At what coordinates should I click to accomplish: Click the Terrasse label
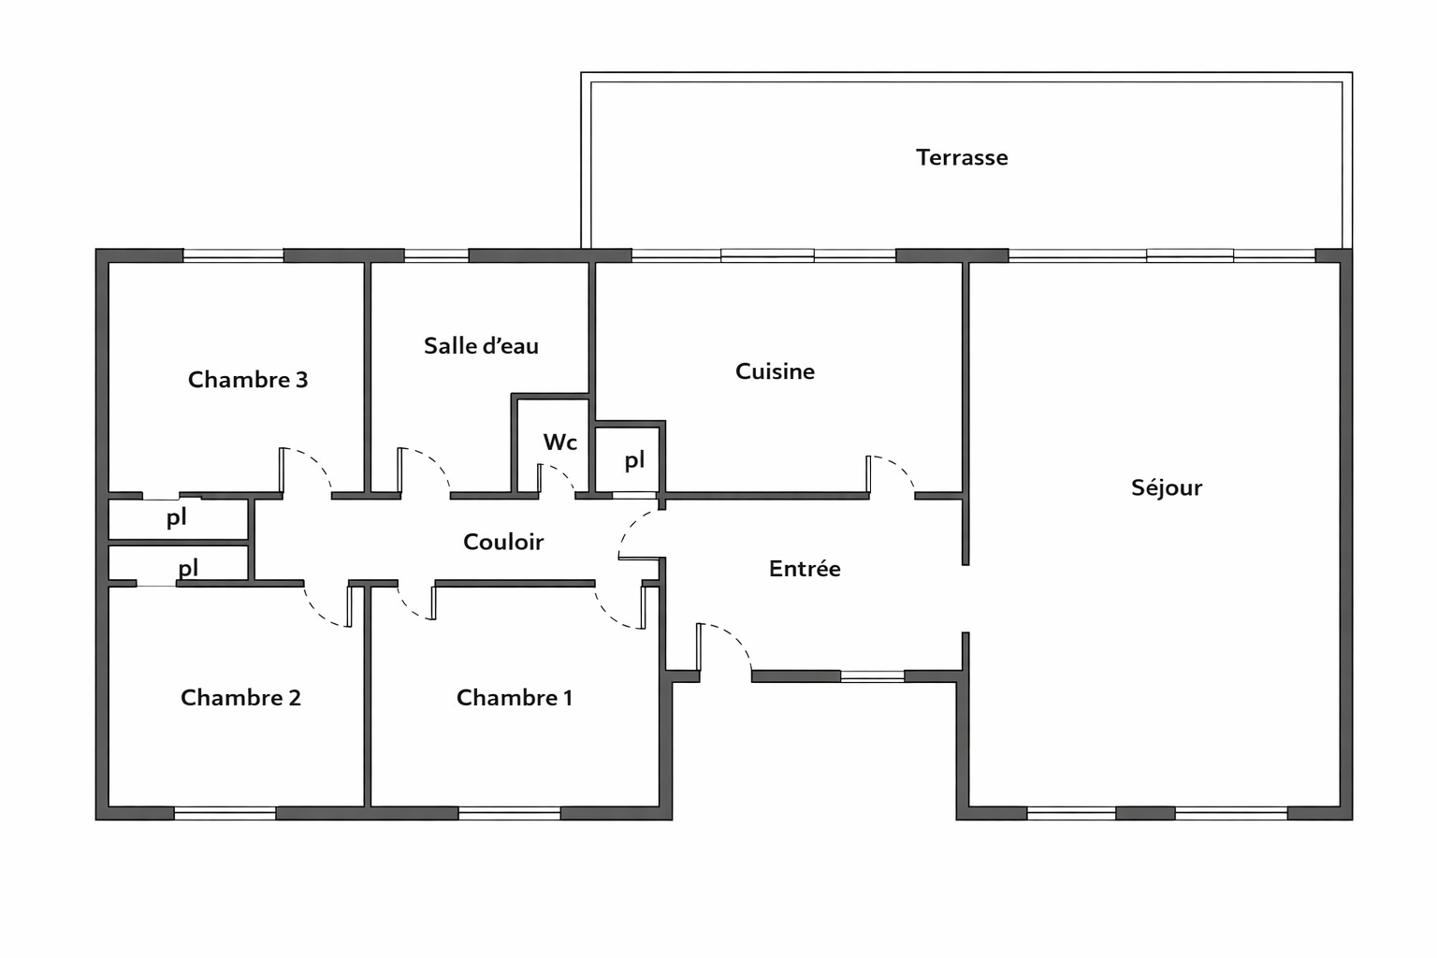(x=962, y=158)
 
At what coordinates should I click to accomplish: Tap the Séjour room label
(x=1167, y=487)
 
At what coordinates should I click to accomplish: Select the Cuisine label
(x=775, y=371)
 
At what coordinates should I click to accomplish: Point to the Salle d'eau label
(x=481, y=346)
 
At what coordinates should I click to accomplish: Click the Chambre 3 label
(x=248, y=380)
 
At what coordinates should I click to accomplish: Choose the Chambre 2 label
(x=240, y=698)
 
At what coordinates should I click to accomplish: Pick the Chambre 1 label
(x=515, y=698)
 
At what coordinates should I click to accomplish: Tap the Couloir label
(x=503, y=543)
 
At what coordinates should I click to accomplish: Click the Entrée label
(x=805, y=569)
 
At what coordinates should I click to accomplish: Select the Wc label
(x=560, y=443)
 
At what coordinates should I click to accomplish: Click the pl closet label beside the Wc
(x=634, y=460)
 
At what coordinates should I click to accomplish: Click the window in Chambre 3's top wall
(x=234, y=255)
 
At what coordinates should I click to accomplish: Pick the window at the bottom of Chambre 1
(x=509, y=813)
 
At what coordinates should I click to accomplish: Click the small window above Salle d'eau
(x=436, y=255)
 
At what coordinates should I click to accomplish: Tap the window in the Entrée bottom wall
(x=873, y=675)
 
